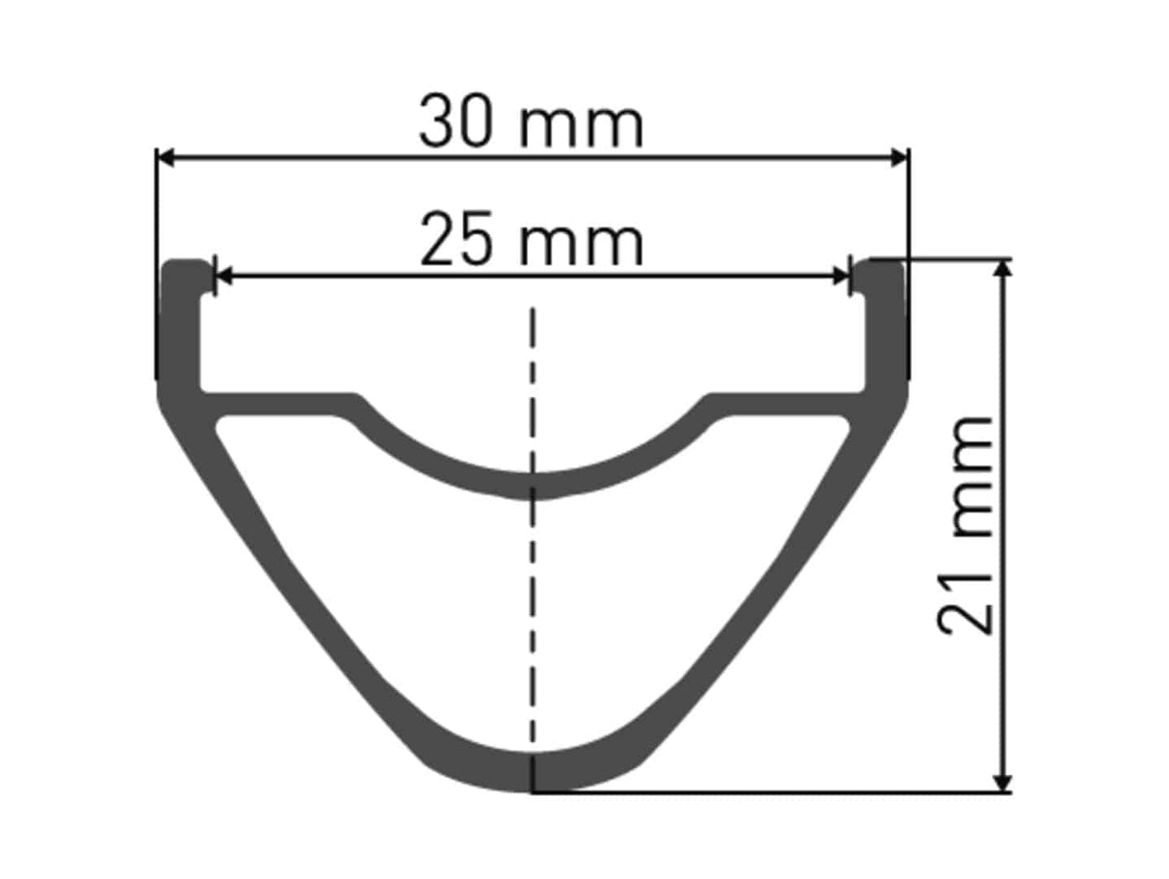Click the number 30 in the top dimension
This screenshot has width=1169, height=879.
coord(454,121)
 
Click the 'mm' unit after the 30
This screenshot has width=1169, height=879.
coord(581,127)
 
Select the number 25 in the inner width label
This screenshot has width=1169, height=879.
coord(455,239)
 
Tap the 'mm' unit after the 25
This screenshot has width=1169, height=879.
coord(581,245)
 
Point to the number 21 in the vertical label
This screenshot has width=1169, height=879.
coord(965,606)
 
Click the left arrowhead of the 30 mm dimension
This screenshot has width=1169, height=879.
coord(167,158)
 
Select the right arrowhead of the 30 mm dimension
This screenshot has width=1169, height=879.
coord(899,158)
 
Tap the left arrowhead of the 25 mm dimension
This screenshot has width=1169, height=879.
coord(224,277)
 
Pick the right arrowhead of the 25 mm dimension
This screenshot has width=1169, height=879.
coord(841,277)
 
